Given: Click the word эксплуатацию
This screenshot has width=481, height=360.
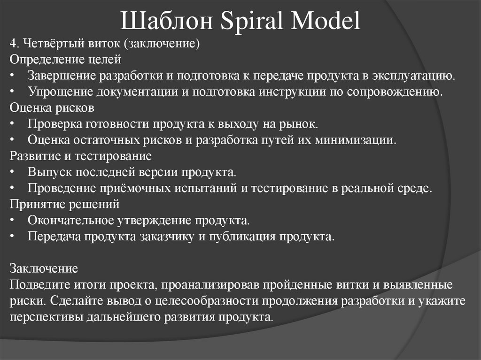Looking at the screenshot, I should pyautogui.click(x=413, y=76).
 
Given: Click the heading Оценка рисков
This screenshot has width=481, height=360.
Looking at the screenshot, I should pyautogui.click(x=52, y=107).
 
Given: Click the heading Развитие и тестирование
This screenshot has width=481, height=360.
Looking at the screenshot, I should pyautogui.click(x=80, y=155).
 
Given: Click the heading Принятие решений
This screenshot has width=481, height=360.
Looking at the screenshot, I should pyautogui.click(x=65, y=204).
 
